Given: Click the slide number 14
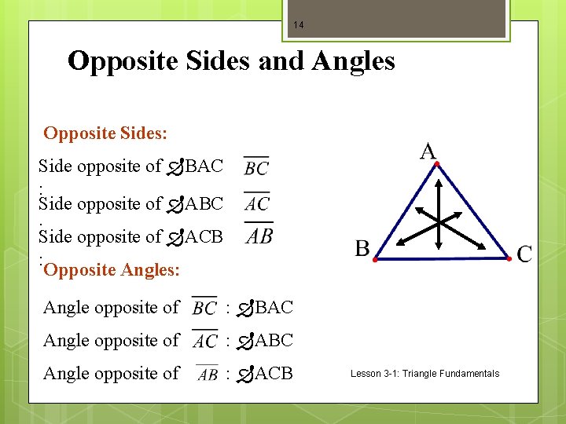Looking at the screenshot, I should [x=298, y=25].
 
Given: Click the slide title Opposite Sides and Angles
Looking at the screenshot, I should [x=231, y=60].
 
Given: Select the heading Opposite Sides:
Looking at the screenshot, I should [x=105, y=133].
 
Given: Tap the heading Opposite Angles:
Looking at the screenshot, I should [x=112, y=270].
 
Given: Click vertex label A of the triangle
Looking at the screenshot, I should [x=428, y=151].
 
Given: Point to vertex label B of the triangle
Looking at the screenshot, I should [x=362, y=249].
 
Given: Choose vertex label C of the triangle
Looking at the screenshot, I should [x=524, y=254].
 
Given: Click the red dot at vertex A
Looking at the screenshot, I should [x=437, y=163].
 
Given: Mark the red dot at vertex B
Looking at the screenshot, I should [x=374, y=258].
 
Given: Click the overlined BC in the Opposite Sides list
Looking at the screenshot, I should [x=256, y=166].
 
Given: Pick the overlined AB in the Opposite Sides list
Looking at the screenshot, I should [x=259, y=235].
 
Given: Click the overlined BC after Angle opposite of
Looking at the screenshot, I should [x=204, y=307].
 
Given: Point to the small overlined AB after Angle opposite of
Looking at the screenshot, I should [x=208, y=374].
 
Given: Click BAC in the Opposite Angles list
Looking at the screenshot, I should [x=274, y=307].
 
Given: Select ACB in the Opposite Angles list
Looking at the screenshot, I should [x=274, y=374].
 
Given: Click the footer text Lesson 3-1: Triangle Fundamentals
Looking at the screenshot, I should [x=424, y=374].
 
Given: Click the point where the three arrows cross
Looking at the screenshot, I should [x=439, y=224].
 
